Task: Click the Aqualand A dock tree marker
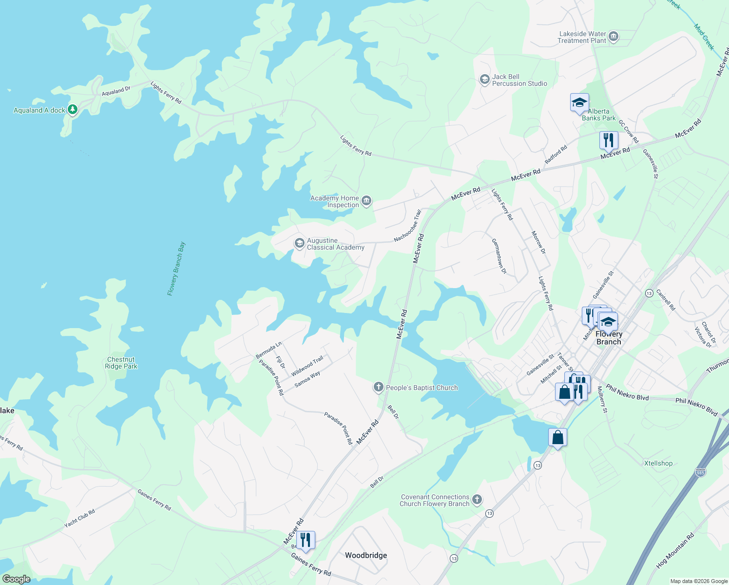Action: tap(73, 110)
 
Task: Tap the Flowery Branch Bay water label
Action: tap(176, 269)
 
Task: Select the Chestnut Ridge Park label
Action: tap(121, 363)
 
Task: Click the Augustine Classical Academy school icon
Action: tap(300, 243)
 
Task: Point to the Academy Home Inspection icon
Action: tap(366, 201)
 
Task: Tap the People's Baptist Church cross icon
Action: tap(378, 388)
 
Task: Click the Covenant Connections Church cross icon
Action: tap(477, 500)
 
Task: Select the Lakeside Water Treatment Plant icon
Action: tap(614, 37)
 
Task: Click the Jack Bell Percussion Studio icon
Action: tap(484, 79)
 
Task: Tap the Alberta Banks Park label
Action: tap(598, 115)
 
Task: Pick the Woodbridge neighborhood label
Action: tap(366, 555)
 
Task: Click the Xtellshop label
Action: tap(658, 463)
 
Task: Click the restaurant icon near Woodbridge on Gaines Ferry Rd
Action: tap(306, 540)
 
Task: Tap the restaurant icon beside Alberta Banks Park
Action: tap(609, 141)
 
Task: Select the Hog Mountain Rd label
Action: tap(675, 550)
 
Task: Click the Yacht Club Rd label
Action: tap(80, 519)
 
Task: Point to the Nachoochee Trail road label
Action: tap(407, 225)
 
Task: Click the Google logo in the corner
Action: tap(16, 579)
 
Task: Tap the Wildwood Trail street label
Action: tap(307, 366)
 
